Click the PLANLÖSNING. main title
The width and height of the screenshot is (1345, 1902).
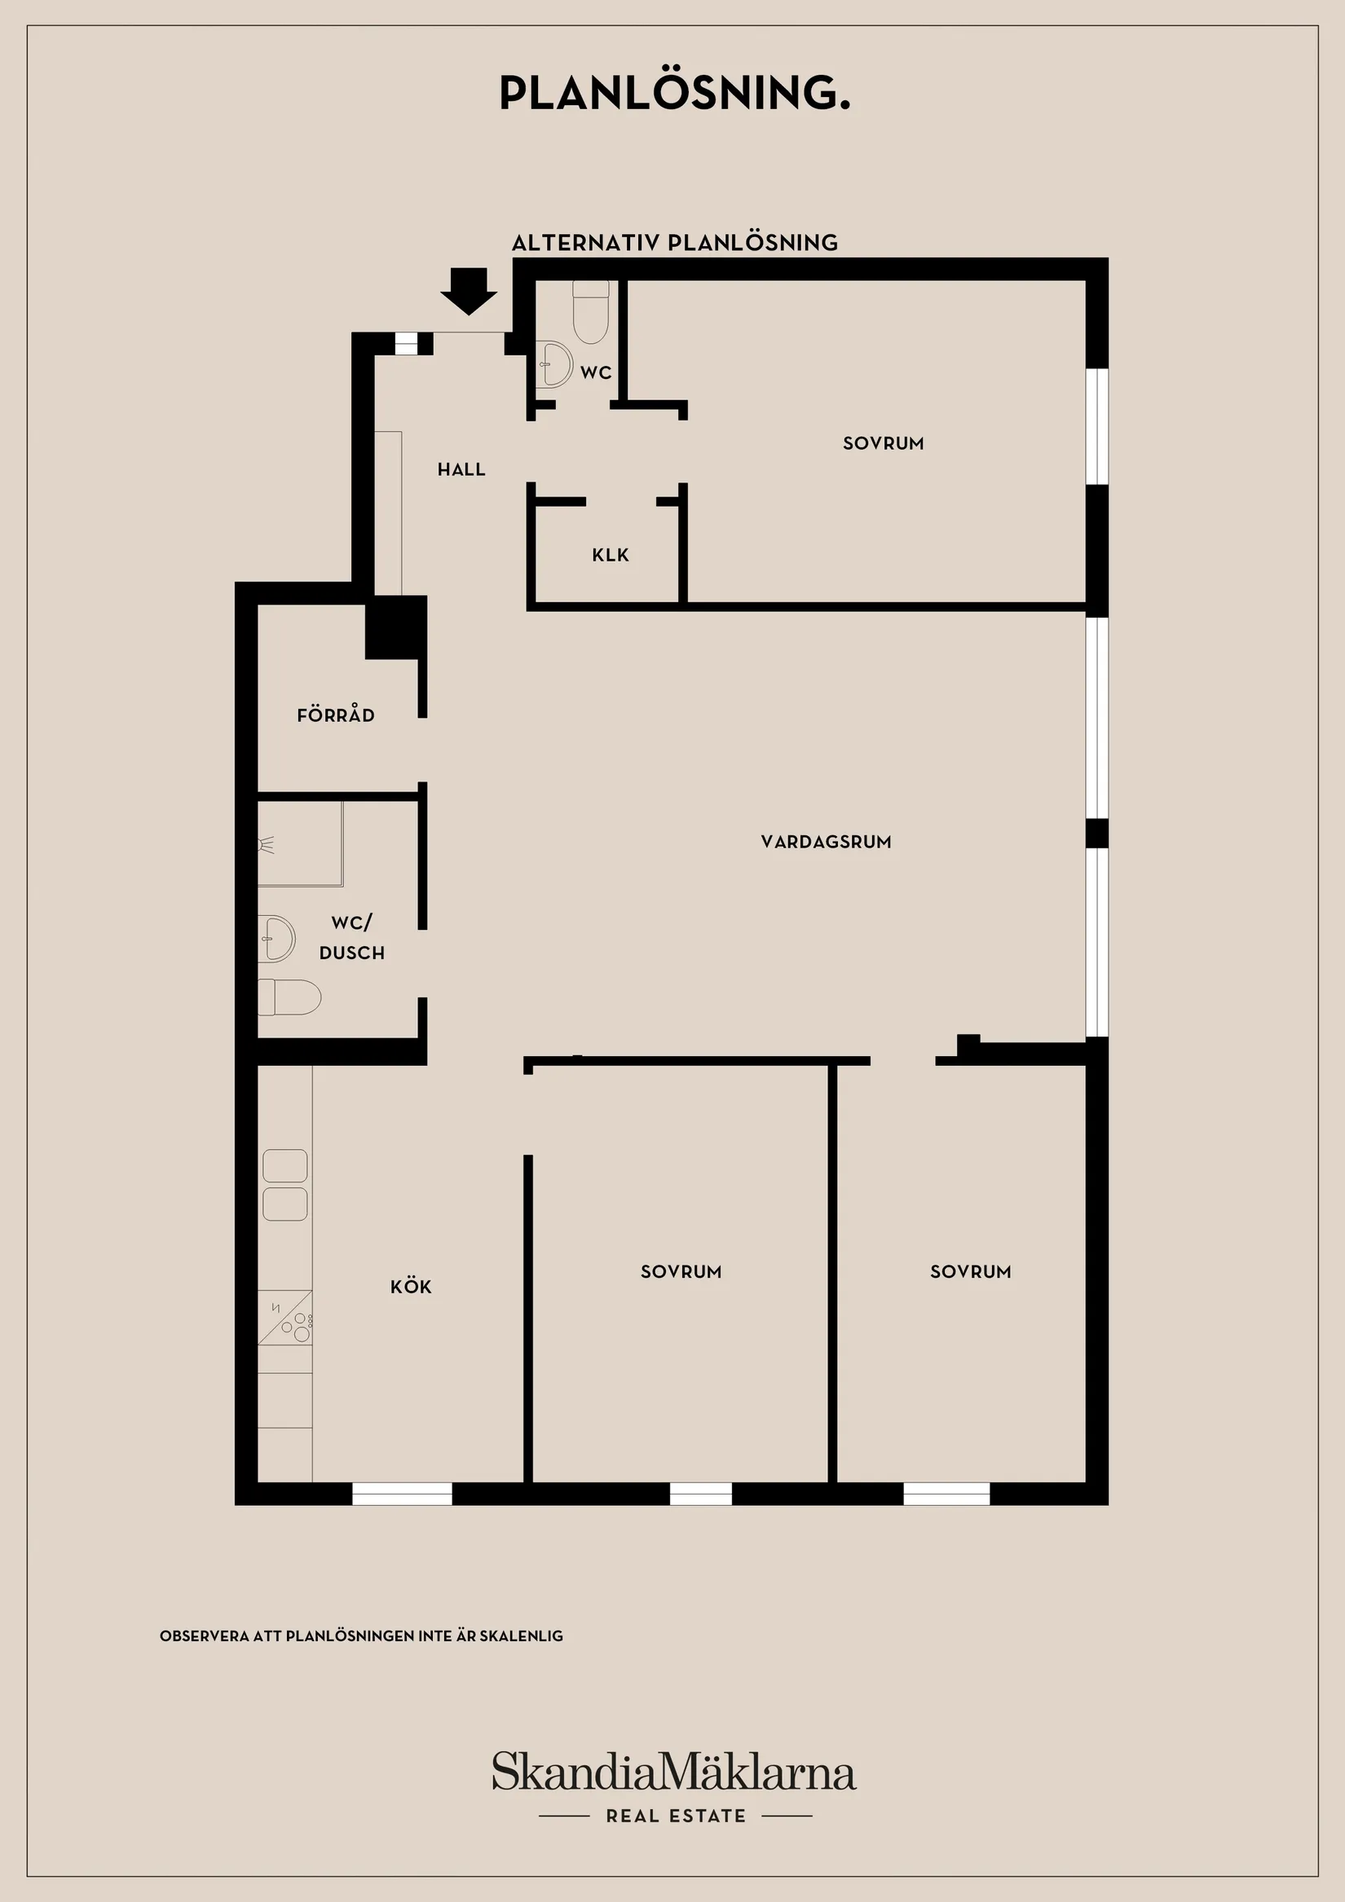pos(674,93)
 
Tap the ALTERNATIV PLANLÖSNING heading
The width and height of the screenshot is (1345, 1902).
pos(674,243)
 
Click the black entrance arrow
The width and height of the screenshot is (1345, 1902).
pos(468,292)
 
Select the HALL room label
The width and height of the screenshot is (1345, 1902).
pos(461,469)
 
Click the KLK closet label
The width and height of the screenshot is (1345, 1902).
pos(610,555)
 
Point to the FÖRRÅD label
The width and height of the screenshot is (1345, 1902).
pos(336,715)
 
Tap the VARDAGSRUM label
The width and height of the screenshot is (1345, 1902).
pos(826,842)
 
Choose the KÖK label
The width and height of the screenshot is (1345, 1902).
pos(410,1287)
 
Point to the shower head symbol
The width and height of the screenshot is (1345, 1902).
pos(266,846)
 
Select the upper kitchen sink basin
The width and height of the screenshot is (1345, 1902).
pos(285,1165)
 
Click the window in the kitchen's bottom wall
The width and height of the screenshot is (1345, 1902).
pos(402,1495)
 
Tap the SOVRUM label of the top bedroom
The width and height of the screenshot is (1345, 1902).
pos(883,443)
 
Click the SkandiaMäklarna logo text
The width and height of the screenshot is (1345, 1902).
pos(674,1772)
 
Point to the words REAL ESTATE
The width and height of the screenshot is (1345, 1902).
pos(676,1816)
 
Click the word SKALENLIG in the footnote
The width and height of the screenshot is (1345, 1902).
pos(521,1636)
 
